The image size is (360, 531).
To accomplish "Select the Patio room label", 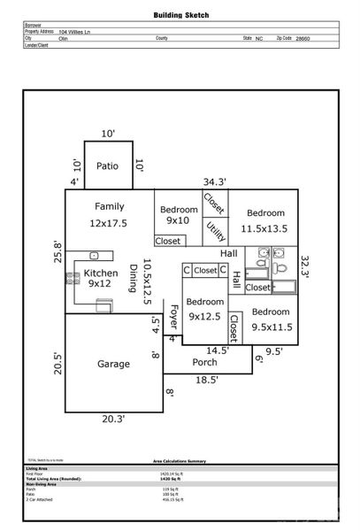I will [x=108, y=165].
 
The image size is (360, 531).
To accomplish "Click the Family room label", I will [x=109, y=206].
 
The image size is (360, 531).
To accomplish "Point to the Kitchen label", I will [x=101, y=273].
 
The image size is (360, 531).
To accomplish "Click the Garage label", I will [x=113, y=364].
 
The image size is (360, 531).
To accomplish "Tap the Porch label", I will [x=204, y=361].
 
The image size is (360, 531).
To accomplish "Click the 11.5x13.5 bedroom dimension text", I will [x=265, y=227].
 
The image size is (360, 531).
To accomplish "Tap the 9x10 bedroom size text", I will [x=178, y=220].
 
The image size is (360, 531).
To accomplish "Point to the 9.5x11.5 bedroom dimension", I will [x=271, y=327].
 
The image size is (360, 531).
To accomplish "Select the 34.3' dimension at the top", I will [x=214, y=181].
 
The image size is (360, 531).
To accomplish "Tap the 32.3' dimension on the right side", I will [x=305, y=267].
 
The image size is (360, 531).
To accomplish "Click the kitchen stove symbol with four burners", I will [x=72, y=279].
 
